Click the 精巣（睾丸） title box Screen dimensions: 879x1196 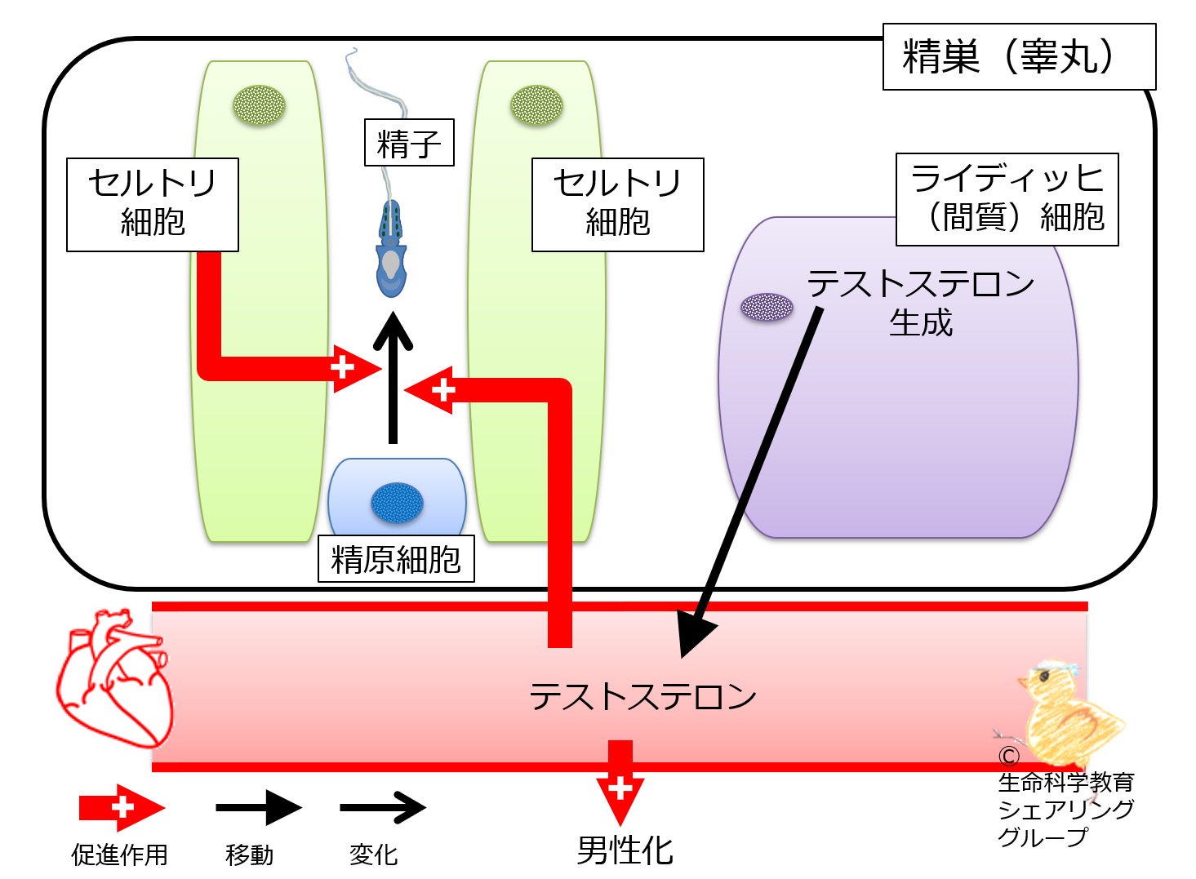coord(1019,56)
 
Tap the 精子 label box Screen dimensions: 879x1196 coord(408,144)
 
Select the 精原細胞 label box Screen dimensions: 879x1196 coord(396,559)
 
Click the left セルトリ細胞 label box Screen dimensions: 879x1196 coord(153,204)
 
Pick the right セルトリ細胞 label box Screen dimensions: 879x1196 coord(617,204)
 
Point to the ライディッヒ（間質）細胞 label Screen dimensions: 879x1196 coord(1007,199)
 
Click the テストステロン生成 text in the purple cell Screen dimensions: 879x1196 coord(921,303)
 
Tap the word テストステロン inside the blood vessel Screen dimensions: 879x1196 coord(642,696)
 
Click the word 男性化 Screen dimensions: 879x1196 coord(625,850)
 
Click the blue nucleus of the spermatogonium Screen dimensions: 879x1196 coord(397,503)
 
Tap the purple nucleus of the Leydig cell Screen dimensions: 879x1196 coord(767,307)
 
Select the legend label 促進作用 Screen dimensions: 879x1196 coord(119,855)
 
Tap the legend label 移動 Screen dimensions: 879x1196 coord(249,855)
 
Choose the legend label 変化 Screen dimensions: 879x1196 coord(373,855)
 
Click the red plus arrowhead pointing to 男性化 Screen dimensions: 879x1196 coord(620,792)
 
